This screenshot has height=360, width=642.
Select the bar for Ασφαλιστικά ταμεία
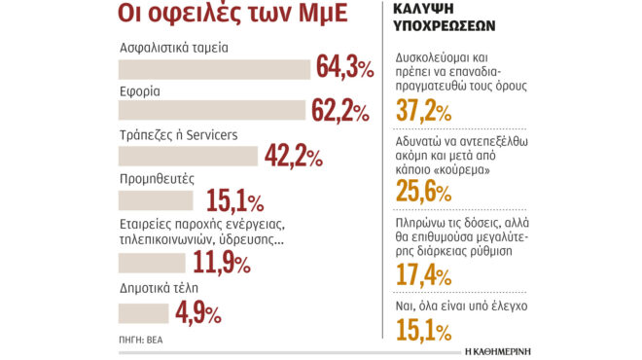tap(214, 69)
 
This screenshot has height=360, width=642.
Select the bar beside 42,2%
tap(188, 157)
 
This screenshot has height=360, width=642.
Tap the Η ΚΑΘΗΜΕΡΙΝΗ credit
tap(503, 348)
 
